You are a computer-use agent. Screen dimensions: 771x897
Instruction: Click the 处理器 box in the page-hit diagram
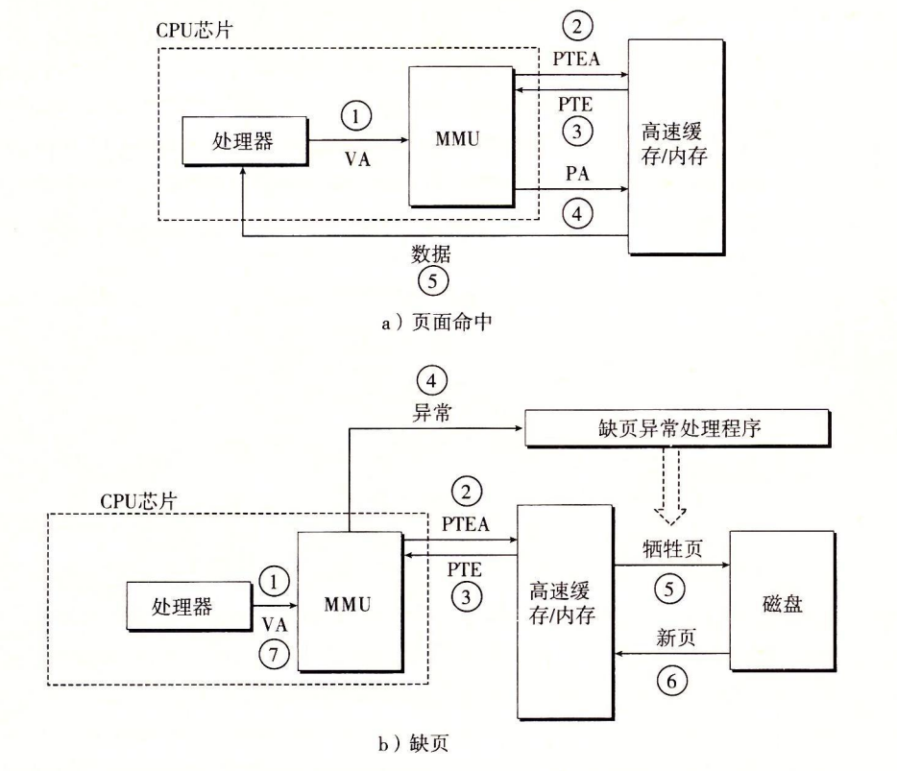tap(243, 141)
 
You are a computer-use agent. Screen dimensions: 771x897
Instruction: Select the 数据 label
tap(431, 253)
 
